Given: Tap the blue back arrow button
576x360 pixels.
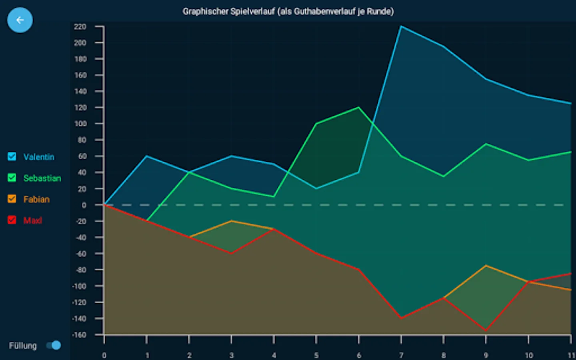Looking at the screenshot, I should (x=20, y=20).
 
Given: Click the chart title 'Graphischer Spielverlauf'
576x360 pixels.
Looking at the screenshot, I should (x=288, y=12).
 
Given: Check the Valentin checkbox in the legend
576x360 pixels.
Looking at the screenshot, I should (x=12, y=156).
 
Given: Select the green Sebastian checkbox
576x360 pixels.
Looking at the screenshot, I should (x=12, y=178).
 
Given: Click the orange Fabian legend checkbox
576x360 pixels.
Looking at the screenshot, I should (x=12, y=199).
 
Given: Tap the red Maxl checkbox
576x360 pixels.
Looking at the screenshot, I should (x=12, y=220).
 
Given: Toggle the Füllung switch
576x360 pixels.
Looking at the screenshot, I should (x=54, y=345).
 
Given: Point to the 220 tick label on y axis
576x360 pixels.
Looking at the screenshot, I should (x=80, y=27).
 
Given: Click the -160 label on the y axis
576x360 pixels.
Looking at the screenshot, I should (x=79, y=335).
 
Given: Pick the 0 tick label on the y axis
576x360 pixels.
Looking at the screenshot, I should (x=84, y=205).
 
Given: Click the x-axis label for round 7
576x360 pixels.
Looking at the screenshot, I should (x=401, y=355).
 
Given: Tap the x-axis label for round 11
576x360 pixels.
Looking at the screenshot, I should (x=571, y=355).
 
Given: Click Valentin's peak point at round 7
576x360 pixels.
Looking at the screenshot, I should (x=401, y=26).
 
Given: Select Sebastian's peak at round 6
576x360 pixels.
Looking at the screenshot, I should (x=359, y=107).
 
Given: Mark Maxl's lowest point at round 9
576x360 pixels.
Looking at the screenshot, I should (x=486, y=330).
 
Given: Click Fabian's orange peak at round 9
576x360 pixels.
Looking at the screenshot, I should (x=486, y=266).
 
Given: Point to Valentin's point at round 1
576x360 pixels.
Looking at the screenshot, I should (x=146, y=156).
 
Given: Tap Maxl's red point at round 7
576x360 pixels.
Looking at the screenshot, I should (x=401, y=318).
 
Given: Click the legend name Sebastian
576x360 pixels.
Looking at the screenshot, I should (x=42, y=178).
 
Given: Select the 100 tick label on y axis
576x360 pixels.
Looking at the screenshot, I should (x=80, y=124).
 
